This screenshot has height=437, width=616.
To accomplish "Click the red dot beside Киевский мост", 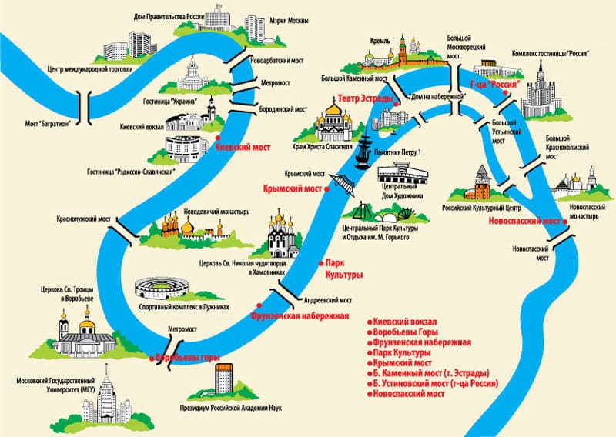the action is pyautogui.click(x=217, y=138).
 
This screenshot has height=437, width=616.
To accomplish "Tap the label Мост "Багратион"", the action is pyautogui.click(x=48, y=124).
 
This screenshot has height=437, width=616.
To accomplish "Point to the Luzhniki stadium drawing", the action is pyautogui.click(x=162, y=288).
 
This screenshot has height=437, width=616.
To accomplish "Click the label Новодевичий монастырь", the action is pyautogui.click(x=216, y=212).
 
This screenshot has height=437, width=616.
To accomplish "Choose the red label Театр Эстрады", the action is pyautogui.click(x=365, y=99).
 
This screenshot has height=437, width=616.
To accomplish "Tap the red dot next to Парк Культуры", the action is pyautogui.click(x=321, y=263).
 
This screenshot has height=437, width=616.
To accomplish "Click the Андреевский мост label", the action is pyautogui.click(x=328, y=300).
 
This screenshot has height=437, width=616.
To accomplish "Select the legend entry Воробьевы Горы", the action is pyautogui.click(x=406, y=332).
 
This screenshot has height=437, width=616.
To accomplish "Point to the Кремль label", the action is pyautogui.click(x=380, y=41).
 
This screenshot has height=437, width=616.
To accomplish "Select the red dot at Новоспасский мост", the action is pyautogui.click(x=565, y=222).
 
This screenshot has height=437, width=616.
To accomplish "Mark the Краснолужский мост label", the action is pyautogui.click(x=84, y=218).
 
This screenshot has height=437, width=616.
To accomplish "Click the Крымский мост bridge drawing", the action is pyautogui.click(x=342, y=185).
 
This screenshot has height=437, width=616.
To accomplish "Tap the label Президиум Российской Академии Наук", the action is pyautogui.click(x=230, y=409).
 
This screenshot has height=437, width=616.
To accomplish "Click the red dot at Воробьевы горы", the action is pyautogui.click(x=152, y=359).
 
